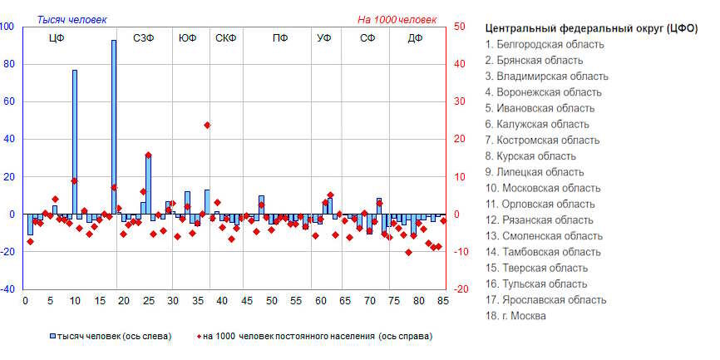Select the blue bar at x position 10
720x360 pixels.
tap(75, 141)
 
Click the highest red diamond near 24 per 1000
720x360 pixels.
tap(207, 125)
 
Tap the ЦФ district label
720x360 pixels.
tap(57, 38)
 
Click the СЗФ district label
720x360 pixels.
tap(144, 38)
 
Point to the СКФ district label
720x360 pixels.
tap(226, 38)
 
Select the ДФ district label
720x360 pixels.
tap(416, 38)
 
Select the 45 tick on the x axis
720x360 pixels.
tap(246, 301)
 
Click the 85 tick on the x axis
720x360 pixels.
tap(443, 301)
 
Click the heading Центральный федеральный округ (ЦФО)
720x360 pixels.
tap(591, 28)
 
